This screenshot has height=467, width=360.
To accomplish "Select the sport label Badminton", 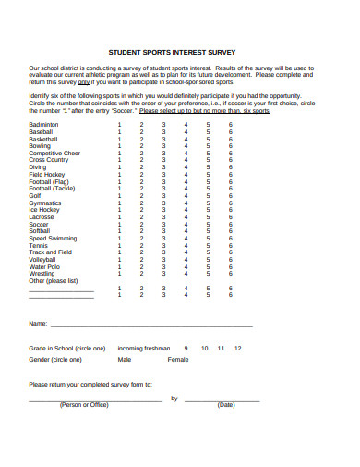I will tap(43, 124).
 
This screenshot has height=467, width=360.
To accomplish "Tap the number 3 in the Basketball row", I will tap(163, 139).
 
